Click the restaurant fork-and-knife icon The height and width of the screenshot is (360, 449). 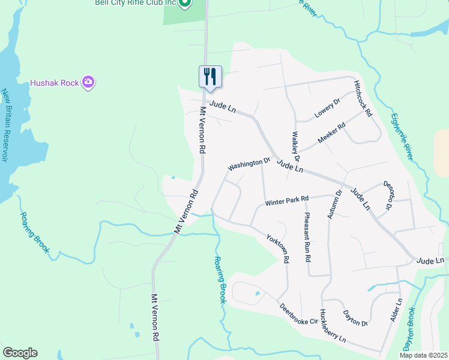coord(210,77)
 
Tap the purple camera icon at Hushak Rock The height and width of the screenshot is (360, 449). coord(88,82)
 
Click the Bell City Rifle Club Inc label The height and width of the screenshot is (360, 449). coord(135,3)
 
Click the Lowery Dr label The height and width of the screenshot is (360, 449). coord(327,108)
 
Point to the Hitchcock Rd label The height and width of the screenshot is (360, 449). coord(363,98)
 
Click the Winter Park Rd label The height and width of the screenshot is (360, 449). coord(286,200)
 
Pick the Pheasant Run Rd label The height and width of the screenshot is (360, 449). coord(307,237)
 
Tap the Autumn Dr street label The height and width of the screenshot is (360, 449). coord(334,204)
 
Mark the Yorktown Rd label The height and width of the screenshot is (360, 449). coord(279,247)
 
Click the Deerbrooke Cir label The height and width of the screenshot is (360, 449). coord(298,314)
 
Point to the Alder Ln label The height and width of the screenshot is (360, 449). coord(396,310)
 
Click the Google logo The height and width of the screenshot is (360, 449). coord(20,353)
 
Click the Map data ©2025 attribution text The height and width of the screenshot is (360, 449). coord(423,355)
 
